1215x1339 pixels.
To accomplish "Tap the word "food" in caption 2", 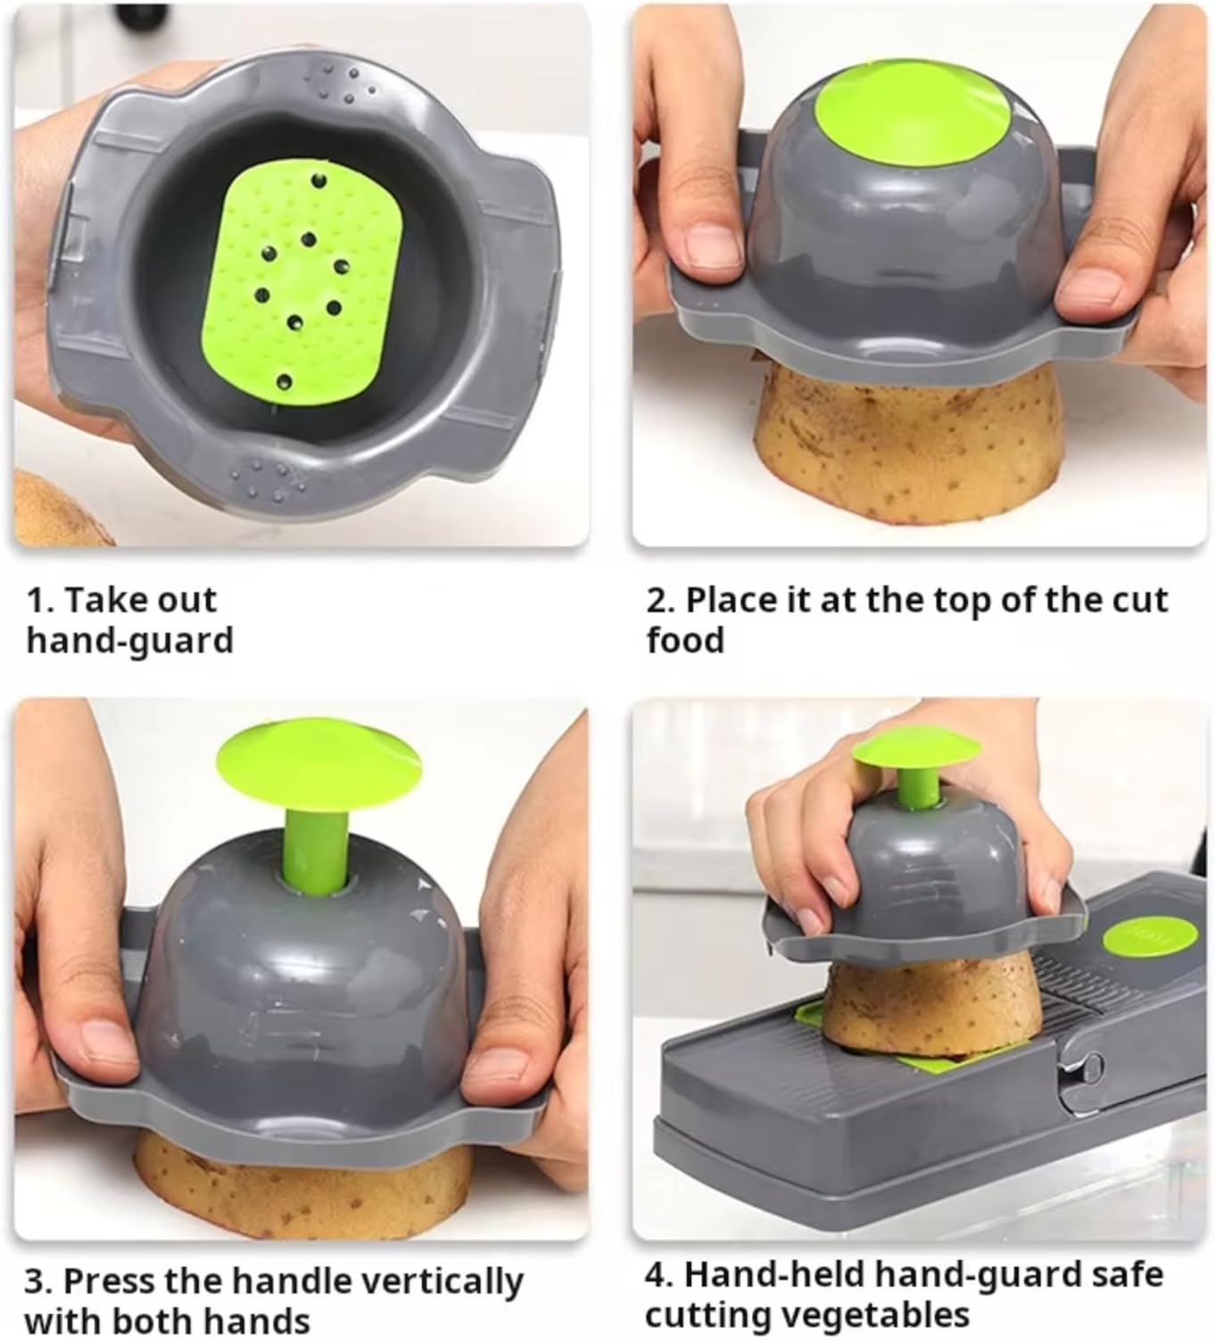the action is [685, 639].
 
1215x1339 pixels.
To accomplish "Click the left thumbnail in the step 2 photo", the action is [713, 247].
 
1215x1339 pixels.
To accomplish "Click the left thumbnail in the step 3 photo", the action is [106, 1043].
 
